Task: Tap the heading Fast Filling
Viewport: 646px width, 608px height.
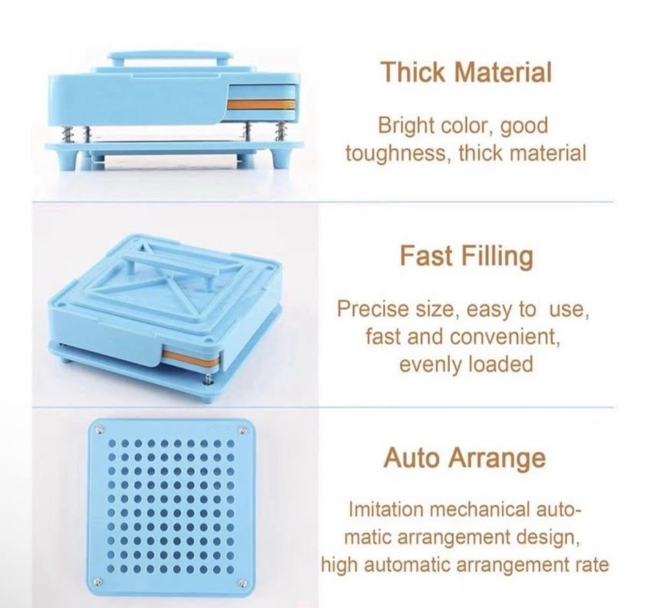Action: [x=466, y=257]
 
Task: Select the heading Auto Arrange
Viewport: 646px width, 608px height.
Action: [x=464, y=459]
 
